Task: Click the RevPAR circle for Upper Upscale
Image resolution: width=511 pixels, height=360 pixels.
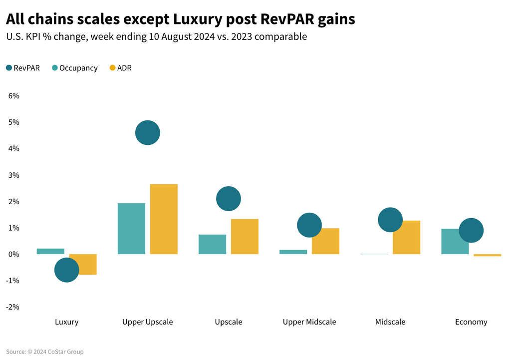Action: [147, 133]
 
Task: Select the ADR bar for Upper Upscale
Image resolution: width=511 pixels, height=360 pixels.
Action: [164, 219]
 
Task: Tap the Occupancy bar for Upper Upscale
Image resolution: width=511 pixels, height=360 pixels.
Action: [131, 229]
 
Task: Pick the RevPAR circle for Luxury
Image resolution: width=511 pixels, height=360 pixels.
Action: [66, 270]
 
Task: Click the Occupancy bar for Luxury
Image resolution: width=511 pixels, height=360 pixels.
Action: [50, 251]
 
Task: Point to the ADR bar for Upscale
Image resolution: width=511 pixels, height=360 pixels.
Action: [245, 237]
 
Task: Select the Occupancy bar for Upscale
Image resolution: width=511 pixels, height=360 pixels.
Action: [212, 244]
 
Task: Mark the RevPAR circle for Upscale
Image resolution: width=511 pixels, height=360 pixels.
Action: [229, 199]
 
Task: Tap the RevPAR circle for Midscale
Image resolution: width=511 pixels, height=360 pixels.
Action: [390, 220]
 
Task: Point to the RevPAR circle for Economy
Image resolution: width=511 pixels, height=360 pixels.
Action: [471, 230]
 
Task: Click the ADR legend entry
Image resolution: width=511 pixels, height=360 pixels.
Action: [120, 68]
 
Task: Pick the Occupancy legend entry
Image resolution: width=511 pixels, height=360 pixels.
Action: [74, 68]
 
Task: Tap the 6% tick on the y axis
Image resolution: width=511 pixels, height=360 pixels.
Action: [13, 96]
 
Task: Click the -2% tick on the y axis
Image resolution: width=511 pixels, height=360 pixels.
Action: [12, 307]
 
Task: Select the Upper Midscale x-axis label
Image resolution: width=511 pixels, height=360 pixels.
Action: [309, 322]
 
